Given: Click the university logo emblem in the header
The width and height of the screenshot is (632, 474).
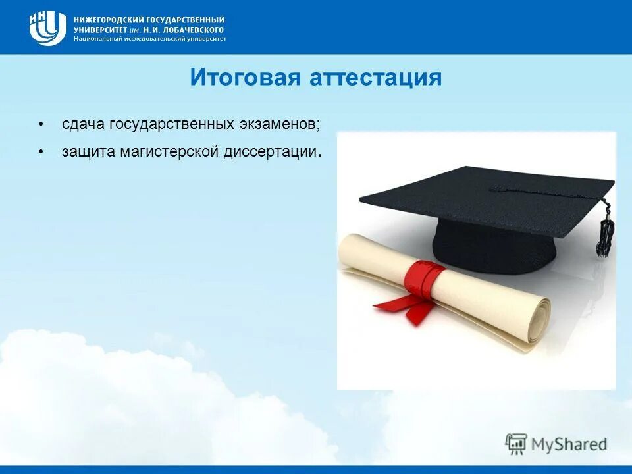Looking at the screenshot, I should (x=47, y=28).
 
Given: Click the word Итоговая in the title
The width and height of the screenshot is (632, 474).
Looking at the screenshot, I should (x=245, y=78).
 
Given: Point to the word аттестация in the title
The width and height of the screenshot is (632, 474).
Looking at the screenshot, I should (x=375, y=78).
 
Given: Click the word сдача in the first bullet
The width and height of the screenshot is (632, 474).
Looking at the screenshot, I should (x=84, y=124).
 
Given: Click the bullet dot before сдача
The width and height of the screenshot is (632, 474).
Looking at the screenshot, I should (x=41, y=124).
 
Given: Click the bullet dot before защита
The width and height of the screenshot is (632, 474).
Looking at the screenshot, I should (x=41, y=152).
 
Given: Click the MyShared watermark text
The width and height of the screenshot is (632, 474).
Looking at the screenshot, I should (x=570, y=444).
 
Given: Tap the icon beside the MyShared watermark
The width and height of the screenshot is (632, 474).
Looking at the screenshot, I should (x=516, y=444).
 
